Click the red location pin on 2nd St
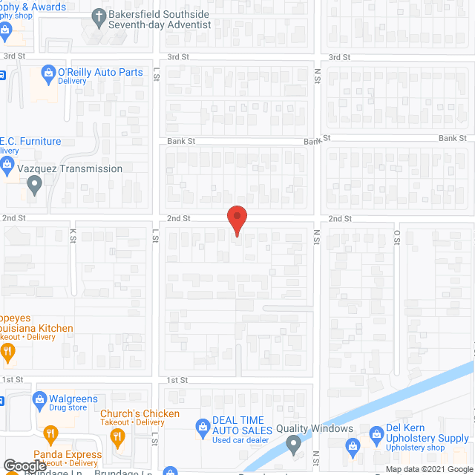pos(236,220)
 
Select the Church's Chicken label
pos(140,413)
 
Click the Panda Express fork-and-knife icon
pos(50,433)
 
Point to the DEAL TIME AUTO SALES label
pos(238,425)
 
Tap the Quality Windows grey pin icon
pos(292,445)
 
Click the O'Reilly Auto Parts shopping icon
pos(48,73)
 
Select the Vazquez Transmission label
pos(71,168)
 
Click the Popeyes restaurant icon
pos(8,353)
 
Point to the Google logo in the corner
pos(24,465)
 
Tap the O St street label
pos(397,236)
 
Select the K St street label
pos(73,235)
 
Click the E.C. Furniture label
pos(30,141)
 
